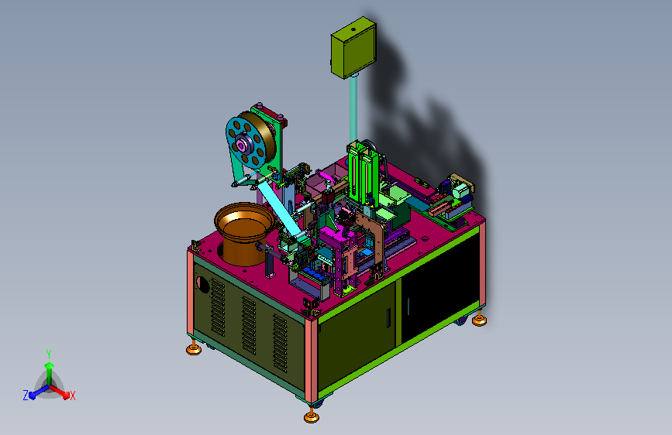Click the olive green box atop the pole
(353, 47)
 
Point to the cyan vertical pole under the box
(353, 109)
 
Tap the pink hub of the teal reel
(241, 146)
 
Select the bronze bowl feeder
(243, 232)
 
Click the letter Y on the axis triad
(49, 355)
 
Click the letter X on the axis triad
(72, 396)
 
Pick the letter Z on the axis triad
(26, 396)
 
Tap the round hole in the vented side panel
(202, 284)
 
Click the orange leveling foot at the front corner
(312, 416)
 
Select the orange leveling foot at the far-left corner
(194, 348)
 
